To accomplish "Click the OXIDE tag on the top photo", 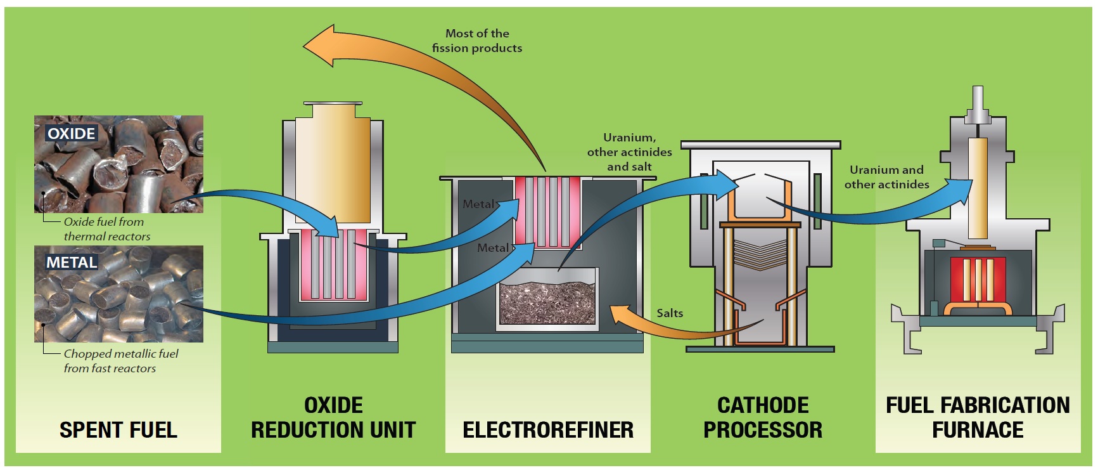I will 72,134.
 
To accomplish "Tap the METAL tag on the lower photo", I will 72,263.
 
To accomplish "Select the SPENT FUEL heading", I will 118,430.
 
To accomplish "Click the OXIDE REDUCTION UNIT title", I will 333,417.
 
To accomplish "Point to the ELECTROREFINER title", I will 548,430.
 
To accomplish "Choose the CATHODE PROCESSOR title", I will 763,417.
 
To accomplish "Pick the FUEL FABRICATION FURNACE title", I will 978,417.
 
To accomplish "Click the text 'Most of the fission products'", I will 477,41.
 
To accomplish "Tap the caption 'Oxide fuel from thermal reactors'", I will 106,229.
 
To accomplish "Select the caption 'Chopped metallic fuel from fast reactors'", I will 120,361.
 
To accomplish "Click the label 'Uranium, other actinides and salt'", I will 629,152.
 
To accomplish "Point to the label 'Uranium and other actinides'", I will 886,177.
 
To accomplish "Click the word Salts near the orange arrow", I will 670,313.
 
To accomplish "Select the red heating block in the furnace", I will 978,279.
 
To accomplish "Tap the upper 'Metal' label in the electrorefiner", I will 478,204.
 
